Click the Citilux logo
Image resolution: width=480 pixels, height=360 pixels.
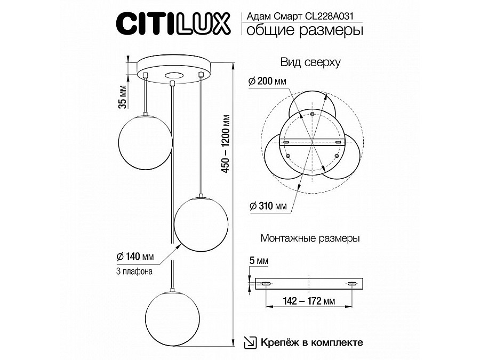173,24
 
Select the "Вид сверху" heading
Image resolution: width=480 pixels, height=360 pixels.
310,62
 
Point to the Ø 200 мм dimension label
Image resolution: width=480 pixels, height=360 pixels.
267,81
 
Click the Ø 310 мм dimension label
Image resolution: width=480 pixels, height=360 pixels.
267,206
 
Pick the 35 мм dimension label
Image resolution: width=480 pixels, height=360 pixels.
123,97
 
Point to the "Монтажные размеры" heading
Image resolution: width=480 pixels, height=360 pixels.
310,238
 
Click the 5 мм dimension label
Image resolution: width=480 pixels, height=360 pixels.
259,262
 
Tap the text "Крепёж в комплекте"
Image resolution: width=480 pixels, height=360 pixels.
312,342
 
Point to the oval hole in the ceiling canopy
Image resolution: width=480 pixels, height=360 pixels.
173,75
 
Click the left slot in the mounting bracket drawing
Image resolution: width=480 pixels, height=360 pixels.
265,282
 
